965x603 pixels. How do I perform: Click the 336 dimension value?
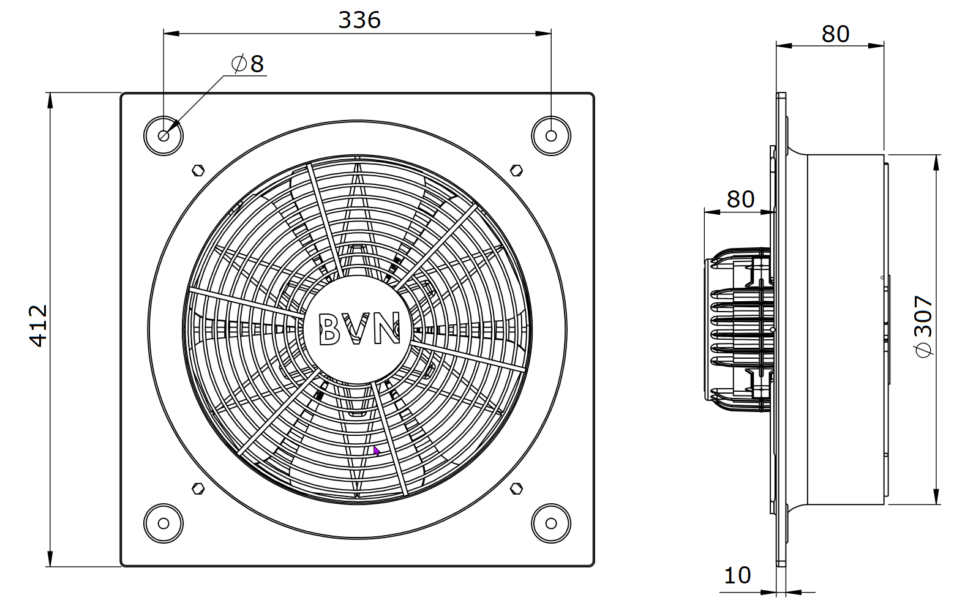pos(359,20)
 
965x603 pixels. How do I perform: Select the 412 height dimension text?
pos(39,326)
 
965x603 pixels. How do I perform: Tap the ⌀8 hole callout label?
pos(248,64)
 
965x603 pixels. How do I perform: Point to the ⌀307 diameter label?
pos(923,326)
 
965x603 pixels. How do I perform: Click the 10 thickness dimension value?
pos(737,575)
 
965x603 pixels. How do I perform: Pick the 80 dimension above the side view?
pos(836,34)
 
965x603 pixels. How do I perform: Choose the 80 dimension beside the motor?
pos(741,200)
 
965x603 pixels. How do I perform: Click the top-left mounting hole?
pos(163,135)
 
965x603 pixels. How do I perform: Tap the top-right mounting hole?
pos(551,135)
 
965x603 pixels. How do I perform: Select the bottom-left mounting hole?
pos(163,523)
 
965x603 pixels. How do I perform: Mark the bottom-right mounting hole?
pos(551,523)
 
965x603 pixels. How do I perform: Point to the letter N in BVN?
pos(387,329)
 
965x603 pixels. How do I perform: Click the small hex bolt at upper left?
pos(198,170)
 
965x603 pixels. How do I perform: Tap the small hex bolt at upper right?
pos(516,170)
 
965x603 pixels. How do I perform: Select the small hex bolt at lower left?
pos(198,489)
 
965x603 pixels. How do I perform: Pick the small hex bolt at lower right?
pos(516,489)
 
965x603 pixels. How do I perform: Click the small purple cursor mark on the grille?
pos(377,451)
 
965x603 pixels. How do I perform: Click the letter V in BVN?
pos(359,329)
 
